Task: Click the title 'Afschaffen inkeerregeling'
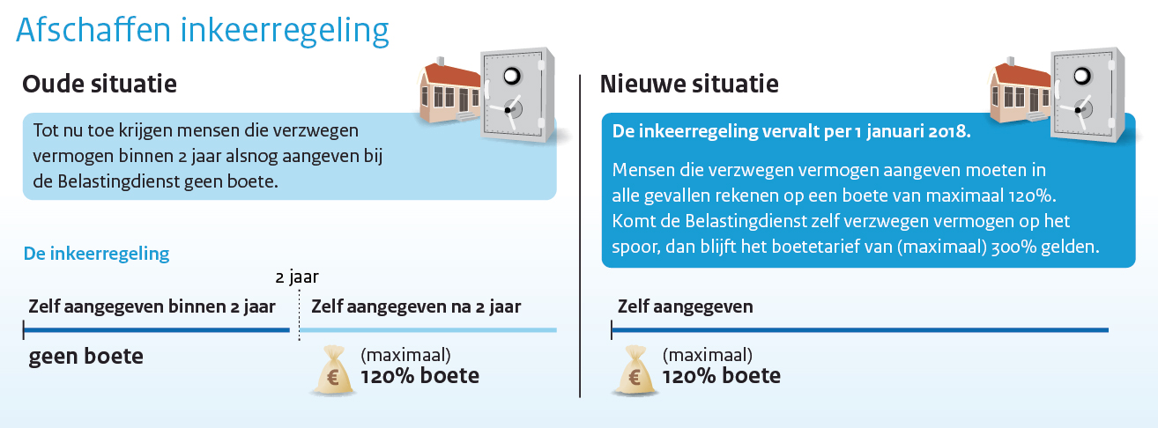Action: tap(202, 31)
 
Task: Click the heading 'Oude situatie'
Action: tap(100, 85)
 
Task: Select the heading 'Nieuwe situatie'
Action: tap(688, 85)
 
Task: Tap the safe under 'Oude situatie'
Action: tap(517, 95)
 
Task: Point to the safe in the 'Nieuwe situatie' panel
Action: tap(1087, 95)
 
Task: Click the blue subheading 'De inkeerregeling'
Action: tap(96, 254)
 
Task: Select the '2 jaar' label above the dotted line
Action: tap(297, 277)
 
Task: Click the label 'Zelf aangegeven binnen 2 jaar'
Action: tap(152, 306)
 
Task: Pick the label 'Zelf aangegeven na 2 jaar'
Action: tap(416, 306)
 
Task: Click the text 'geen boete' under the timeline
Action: tap(85, 356)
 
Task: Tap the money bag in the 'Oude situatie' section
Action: tap(333, 371)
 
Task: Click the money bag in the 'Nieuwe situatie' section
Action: tap(635, 371)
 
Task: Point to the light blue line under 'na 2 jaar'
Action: tap(428, 329)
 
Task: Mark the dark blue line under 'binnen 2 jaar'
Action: tap(156, 329)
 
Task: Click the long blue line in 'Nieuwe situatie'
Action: tap(860, 329)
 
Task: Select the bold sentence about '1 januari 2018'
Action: tap(791, 131)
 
